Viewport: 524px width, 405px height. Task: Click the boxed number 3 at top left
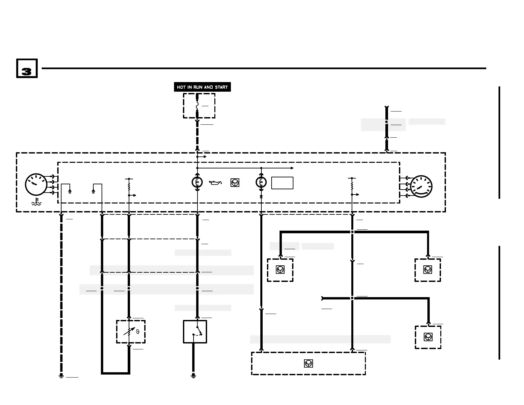(x=27, y=68)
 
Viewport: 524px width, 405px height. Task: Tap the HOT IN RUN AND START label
(x=202, y=87)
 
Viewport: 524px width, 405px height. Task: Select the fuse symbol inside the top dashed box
(x=197, y=106)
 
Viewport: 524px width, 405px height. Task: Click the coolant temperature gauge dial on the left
(x=36, y=185)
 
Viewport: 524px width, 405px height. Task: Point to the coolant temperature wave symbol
(x=36, y=202)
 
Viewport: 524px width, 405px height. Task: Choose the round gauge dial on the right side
(x=421, y=187)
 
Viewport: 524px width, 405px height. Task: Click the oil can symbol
(x=215, y=182)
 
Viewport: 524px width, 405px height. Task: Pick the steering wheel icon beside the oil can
(x=235, y=183)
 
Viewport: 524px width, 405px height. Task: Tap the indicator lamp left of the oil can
(x=197, y=182)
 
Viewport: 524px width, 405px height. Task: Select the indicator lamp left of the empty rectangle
(x=261, y=182)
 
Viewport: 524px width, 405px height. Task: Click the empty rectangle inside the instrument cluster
(x=282, y=183)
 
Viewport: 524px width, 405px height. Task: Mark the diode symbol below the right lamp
(x=261, y=197)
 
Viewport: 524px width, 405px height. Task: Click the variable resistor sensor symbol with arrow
(x=130, y=331)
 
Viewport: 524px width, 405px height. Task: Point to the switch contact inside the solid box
(x=198, y=332)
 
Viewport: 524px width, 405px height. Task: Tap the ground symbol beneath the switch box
(x=193, y=376)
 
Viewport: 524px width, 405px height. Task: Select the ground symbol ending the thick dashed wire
(x=61, y=376)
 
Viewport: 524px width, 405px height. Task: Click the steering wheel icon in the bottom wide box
(x=308, y=363)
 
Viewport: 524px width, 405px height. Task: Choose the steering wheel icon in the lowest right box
(x=428, y=337)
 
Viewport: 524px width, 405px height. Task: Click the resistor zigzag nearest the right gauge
(x=352, y=185)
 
